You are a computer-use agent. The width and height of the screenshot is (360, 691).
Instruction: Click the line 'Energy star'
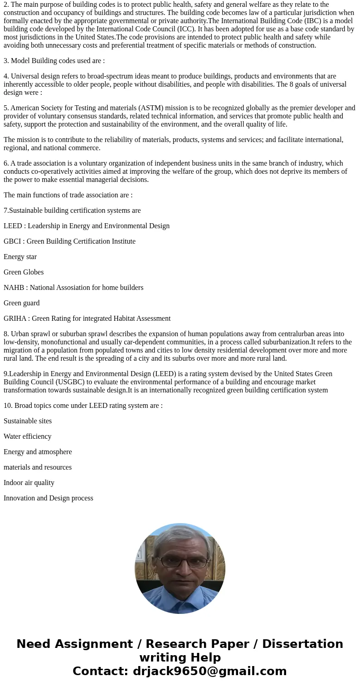coord(20,257)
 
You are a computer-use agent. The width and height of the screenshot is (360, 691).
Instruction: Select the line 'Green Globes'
coord(24,272)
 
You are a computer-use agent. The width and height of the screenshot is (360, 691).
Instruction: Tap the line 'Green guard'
coord(21,303)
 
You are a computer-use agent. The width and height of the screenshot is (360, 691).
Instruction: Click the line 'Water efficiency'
coord(27,436)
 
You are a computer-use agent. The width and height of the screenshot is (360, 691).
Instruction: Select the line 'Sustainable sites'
coord(28,421)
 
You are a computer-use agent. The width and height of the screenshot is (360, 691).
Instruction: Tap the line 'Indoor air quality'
coord(29,483)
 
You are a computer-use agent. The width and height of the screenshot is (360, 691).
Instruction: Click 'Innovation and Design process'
coord(49,498)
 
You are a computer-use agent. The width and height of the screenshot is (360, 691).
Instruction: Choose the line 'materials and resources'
coord(38,467)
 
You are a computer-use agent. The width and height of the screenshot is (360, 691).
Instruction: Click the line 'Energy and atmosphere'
coord(38,452)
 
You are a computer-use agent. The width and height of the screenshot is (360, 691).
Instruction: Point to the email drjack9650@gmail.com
coord(209,671)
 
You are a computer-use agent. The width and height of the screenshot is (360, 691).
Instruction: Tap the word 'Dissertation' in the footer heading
coord(302,644)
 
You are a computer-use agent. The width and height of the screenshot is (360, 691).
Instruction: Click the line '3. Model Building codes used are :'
coord(54,61)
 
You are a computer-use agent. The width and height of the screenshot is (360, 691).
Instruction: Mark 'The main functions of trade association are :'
coord(68,195)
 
